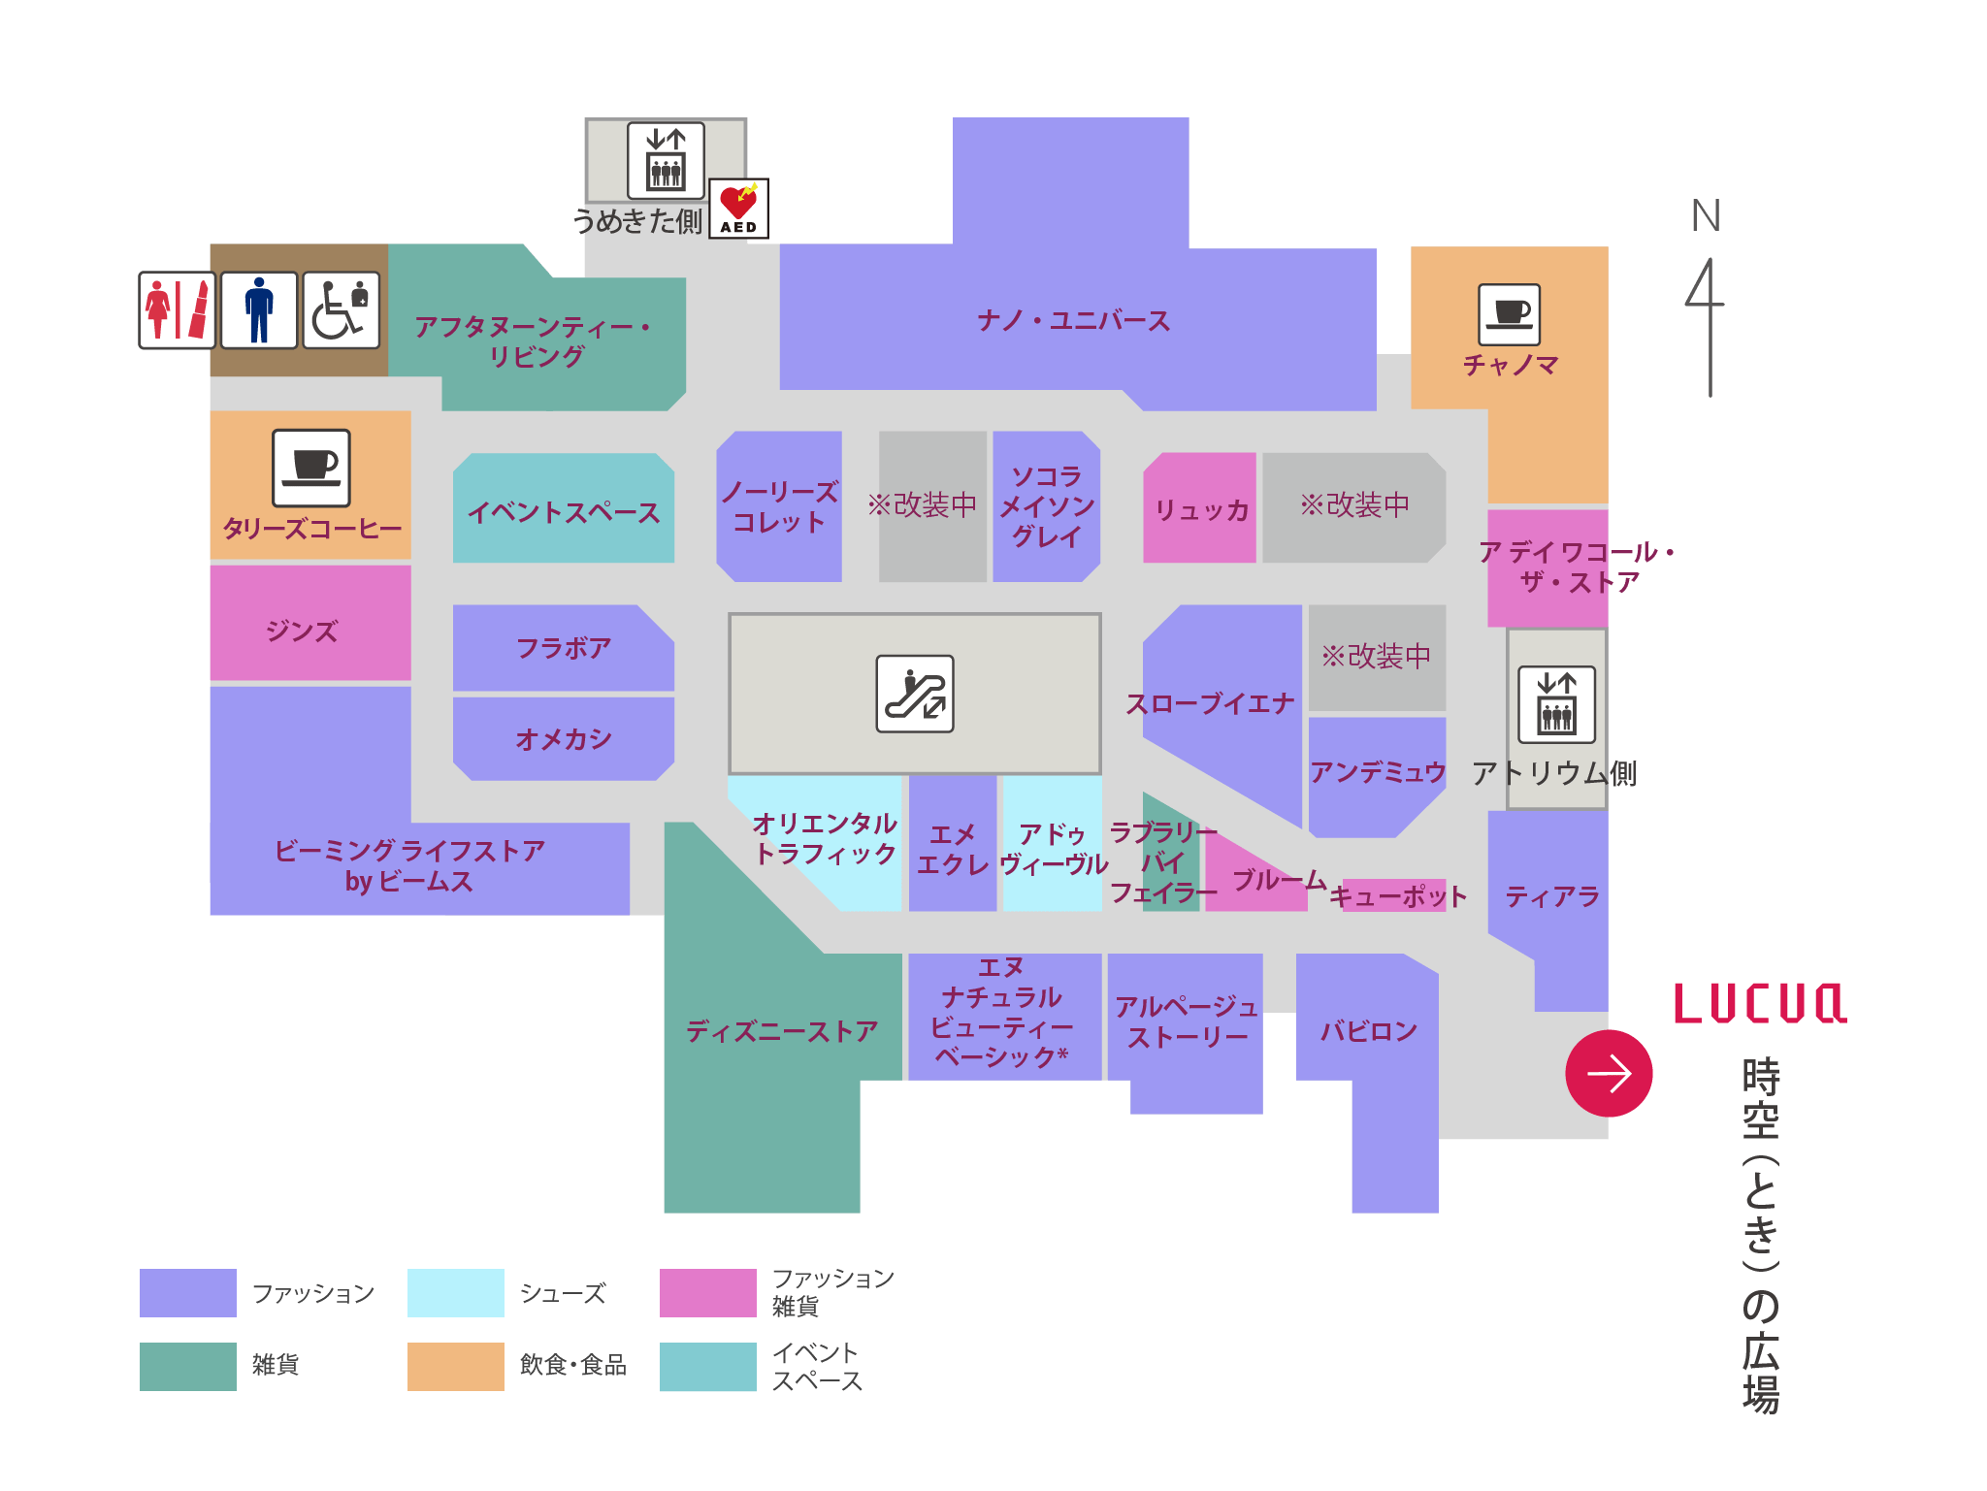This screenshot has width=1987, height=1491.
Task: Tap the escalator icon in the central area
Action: (x=915, y=694)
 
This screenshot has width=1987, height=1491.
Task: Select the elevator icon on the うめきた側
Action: (x=666, y=160)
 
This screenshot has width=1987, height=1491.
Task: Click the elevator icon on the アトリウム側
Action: (x=1556, y=704)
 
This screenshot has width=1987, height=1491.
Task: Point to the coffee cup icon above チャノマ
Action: (x=1509, y=314)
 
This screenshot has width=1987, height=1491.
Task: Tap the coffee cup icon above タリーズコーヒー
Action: (x=310, y=468)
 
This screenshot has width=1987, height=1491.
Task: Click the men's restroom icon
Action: (x=259, y=310)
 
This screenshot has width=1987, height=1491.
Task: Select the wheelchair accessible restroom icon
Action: (x=341, y=310)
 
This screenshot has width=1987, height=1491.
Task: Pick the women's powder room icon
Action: (x=177, y=310)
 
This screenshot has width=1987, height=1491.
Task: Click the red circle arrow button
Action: (x=1609, y=1073)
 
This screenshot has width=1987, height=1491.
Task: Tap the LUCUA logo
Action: (x=1758, y=1004)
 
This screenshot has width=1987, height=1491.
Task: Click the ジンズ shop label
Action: (x=302, y=632)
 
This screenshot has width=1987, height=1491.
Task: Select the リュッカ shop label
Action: (x=1201, y=510)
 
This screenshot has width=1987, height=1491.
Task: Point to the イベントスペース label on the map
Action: (x=564, y=512)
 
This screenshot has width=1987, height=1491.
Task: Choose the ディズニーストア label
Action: (x=782, y=1031)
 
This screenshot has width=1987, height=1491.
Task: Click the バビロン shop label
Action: (x=1368, y=1031)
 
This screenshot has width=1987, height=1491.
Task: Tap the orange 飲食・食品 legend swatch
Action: (x=455, y=1366)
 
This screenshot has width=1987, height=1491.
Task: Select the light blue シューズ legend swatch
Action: (x=455, y=1292)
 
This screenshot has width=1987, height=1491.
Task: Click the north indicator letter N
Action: (x=1706, y=215)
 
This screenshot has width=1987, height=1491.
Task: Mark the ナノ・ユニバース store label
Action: (x=1073, y=320)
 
